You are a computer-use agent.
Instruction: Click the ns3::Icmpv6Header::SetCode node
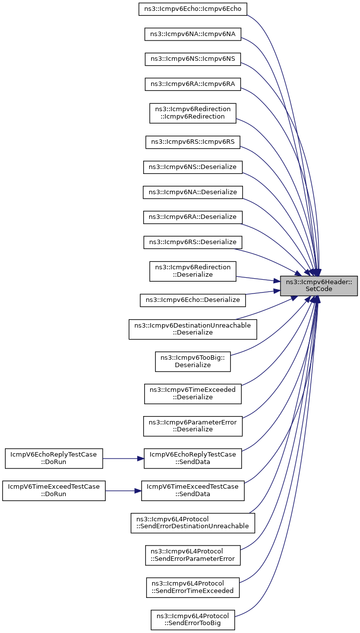point(319,286)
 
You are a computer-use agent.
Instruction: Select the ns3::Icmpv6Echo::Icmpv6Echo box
point(193,9)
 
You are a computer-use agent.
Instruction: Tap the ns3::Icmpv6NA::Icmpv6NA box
point(193,34)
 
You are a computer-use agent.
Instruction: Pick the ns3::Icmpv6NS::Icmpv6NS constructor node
point(193,59)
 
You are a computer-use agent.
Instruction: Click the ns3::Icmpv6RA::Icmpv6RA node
point(193,84)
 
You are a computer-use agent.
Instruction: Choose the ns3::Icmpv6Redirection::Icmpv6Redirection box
point(193,113)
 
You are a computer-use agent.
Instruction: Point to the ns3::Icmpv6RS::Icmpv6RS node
point(193,142)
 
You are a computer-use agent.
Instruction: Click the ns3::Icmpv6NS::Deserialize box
point(193,167)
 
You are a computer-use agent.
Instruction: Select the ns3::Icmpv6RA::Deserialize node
point(193,217)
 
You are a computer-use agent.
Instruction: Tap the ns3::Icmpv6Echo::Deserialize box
point(193,300)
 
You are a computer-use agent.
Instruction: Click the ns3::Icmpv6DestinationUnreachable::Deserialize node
point(193,329)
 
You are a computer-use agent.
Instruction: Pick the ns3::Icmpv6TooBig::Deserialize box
point(193,361)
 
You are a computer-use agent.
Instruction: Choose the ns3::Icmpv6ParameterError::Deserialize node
point(193,426)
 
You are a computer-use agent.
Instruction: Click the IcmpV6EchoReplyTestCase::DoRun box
point(54,459)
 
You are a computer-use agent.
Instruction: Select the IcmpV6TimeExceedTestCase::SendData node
point(193,491)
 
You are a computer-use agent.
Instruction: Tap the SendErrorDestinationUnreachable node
point(193,523)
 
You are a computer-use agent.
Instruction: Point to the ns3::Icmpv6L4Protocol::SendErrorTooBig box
point(193,620)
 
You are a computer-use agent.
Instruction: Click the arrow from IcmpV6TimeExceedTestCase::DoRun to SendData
point(123,491)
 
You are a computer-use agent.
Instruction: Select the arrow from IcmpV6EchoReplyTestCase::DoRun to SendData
point(123,459)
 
